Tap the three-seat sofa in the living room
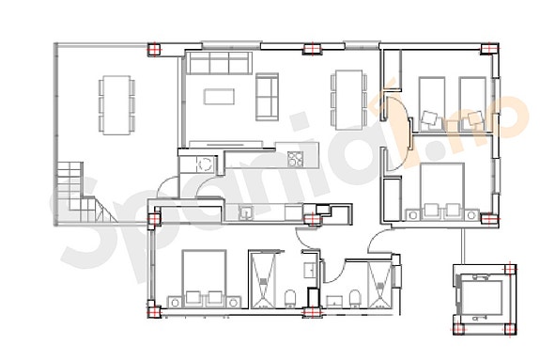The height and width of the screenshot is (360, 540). pos(218,64)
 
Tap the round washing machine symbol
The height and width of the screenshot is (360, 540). pos(203,163)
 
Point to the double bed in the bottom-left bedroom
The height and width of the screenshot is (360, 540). pos(203,275)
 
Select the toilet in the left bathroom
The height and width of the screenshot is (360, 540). pos(291,299)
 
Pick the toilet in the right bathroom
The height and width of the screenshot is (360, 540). pos(355,299)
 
